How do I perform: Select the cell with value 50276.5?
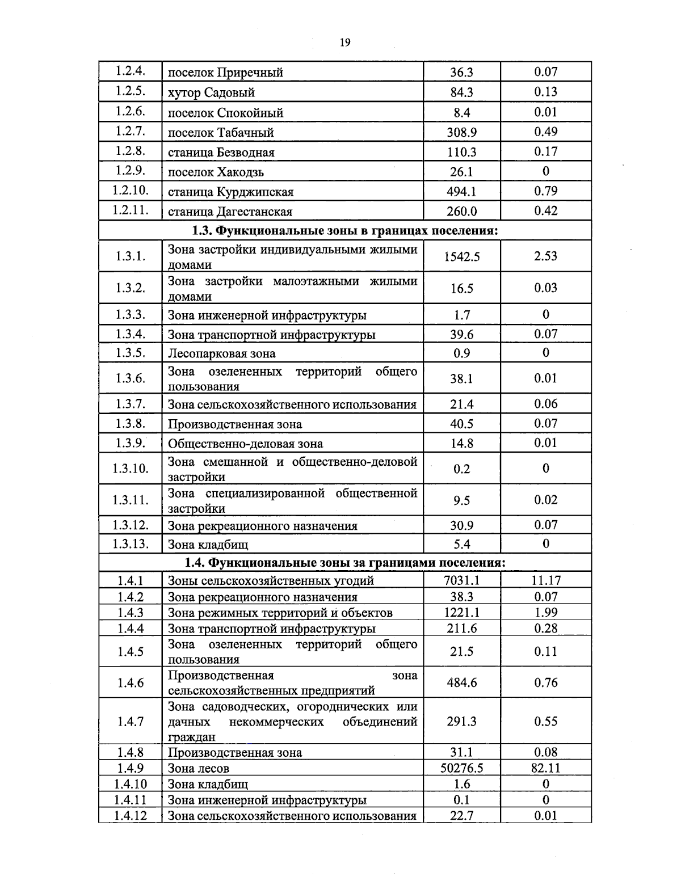click(461, 768)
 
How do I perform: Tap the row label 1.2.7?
click(131, 131)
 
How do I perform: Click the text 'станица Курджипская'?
click(230, 192)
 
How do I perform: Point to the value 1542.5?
click(461, 256)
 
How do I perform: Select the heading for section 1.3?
click(345, 231)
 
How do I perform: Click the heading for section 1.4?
click(345, 563)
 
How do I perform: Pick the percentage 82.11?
click(545, 768)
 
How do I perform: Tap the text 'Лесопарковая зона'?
click(221, 353)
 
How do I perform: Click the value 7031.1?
click(461, 580)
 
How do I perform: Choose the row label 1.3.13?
click(131, 543)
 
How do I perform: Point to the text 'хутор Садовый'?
click(211, 92)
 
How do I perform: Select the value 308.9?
click(461, 132)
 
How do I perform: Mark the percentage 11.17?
click(545, 580)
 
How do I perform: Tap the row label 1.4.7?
click(131, 721)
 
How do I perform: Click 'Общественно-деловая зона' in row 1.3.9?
click(245, 444)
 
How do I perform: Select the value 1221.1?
click(461, 612)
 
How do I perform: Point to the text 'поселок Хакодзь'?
click(216, 172)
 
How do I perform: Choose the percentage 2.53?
click(545, 256)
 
